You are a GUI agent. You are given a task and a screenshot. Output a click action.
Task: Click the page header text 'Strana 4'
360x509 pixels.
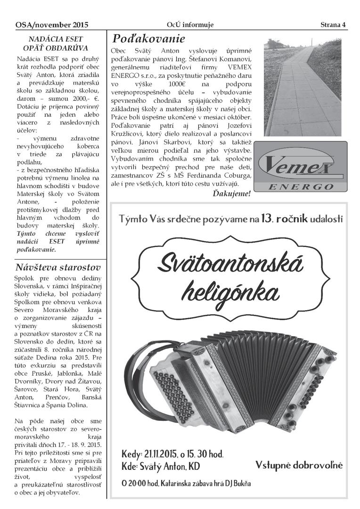pos(333,25)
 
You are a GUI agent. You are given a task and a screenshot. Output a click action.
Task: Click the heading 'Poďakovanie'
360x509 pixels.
pos(147,38)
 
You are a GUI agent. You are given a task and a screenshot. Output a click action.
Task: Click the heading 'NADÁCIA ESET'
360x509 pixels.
pos(56,39)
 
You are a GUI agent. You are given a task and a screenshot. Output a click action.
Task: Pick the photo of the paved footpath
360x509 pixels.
pos(302,87)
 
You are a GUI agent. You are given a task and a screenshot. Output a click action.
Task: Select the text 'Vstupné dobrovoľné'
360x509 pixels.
pos(299,465)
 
